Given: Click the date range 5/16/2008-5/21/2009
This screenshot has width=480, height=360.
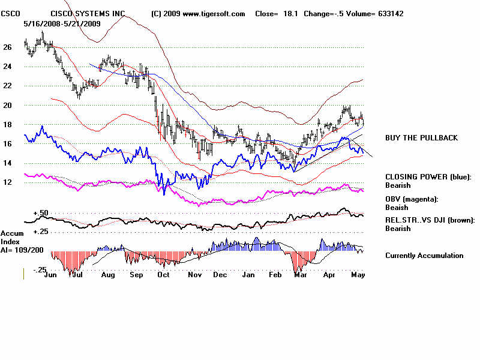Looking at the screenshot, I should click(62, 23).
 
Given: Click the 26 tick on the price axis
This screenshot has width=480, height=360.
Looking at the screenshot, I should click(8, 47).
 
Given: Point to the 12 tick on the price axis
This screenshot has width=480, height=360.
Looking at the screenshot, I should click(8, 182).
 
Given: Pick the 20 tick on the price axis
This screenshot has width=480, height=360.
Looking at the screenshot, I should click(8, 105).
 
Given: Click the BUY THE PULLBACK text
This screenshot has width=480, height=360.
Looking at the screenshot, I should click(421, 138).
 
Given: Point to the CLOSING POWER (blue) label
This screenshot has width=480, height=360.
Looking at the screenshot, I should click(428, 177).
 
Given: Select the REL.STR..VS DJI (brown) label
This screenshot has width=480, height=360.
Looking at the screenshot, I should click(430, 220).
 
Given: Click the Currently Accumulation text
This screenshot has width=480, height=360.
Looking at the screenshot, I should click(424, 256).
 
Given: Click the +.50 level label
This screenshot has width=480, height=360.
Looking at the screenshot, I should click(41, 214).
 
